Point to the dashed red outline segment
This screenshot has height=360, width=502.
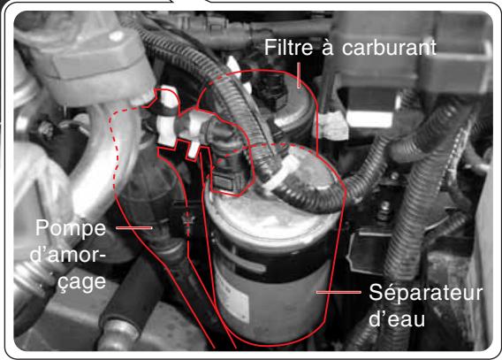point(110,142)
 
